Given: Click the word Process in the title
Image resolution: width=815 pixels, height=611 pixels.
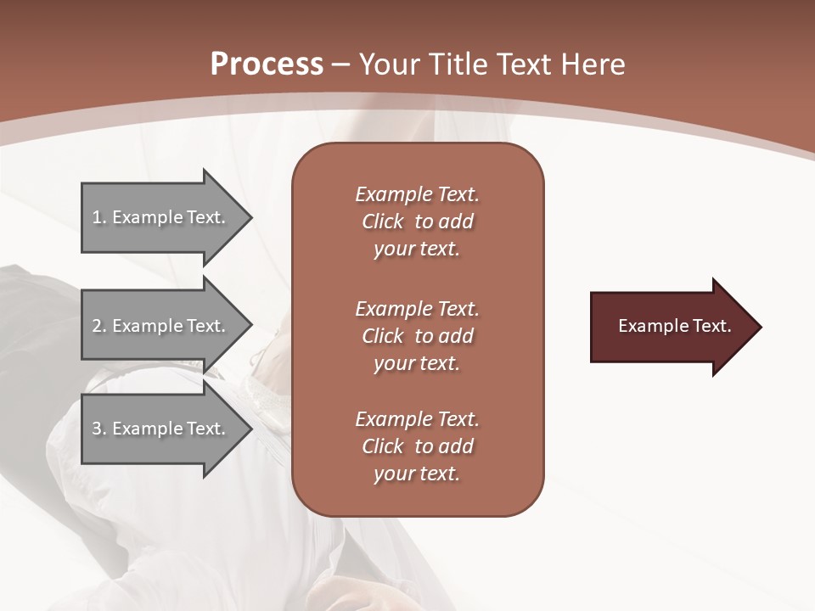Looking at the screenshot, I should (x=267, y=64).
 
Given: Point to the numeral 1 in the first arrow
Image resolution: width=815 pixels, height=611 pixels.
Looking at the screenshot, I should (x=97, y=217).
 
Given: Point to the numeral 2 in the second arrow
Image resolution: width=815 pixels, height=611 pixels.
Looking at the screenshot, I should (x=97, y=326).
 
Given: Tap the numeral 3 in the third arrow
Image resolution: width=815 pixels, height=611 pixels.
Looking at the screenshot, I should (x=97, y=429).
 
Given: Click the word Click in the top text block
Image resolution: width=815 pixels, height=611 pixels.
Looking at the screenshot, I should (x=382, y=221).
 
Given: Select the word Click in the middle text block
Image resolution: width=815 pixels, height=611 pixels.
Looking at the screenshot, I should (x=382, y=336).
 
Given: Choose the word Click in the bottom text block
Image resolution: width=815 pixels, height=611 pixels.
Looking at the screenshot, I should (x=382, y=446).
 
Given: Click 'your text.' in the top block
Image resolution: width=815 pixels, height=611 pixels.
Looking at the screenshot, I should (x=416, y=249).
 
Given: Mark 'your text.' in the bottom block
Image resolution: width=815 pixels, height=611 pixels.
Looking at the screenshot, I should (x=416, y=474).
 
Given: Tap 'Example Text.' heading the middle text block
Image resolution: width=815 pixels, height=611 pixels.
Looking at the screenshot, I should (x=417, y=308).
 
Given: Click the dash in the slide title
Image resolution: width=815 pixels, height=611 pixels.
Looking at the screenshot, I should (x=341, y=65).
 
